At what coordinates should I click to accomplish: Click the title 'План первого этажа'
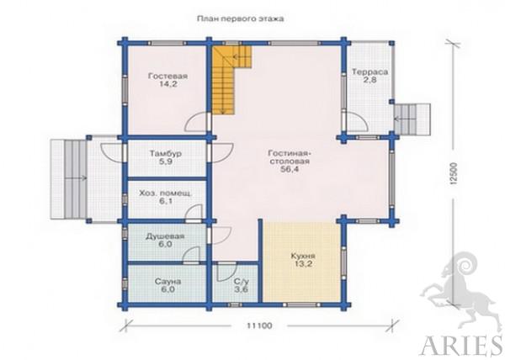(x=240, y=19)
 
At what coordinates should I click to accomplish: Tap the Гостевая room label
(x=167, y=77)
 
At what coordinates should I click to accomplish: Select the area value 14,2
(x=167, y=85)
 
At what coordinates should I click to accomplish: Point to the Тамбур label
(x=165, y=153)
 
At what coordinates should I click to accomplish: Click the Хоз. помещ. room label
(x=166, y=193)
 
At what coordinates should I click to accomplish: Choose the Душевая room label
(x=165, y=236)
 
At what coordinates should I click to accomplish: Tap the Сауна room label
(x=167, y=282)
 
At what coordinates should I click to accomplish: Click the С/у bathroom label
(x=242, y=282)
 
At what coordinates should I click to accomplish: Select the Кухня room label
(x=303, y=257)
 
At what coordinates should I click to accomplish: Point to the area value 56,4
(x=290, y=170)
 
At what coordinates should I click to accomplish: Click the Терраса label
(x=369, y=71)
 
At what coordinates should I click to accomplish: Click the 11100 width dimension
(x=259, y=326)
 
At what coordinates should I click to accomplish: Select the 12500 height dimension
(x=454, y=174)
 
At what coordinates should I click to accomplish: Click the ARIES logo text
(x=461, y=347)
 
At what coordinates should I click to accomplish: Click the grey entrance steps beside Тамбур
(x=69, y=178)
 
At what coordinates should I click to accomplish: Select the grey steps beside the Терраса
(x=412, y=119)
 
